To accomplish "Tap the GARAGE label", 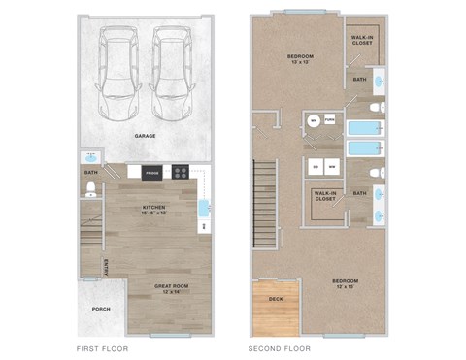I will click(145, 136).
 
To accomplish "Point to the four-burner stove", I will click(181, 173).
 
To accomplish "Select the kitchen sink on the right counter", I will click(204, 207).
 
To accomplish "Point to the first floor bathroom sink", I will click(90, 156).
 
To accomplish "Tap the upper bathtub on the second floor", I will click(364, 127).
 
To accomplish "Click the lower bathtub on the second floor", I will click(364, 149).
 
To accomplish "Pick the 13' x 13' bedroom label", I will click(299, 60).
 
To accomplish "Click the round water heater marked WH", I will click(314, 120).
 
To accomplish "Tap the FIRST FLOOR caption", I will click(102, 347).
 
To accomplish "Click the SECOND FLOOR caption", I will click(279, 347).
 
